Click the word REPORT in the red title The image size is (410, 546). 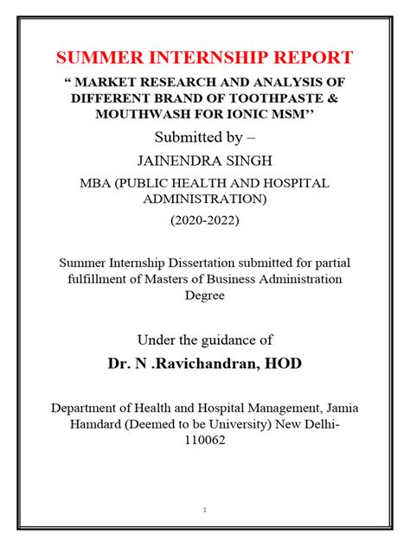pos(308,58)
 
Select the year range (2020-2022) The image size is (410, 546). pos(204,220)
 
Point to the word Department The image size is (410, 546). pos(92,408)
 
